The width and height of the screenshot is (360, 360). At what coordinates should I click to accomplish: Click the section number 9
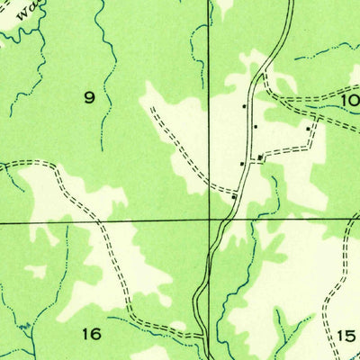click(89, 98)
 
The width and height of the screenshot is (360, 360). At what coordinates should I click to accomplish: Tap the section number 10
click(351, 100)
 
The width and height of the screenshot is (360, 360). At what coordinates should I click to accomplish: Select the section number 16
click(90, 334)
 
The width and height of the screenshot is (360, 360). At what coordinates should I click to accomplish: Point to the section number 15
click(346, 336)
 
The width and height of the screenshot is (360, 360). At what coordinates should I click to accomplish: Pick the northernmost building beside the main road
click(244, 107)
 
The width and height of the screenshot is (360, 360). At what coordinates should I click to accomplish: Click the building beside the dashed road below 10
click(309, 129)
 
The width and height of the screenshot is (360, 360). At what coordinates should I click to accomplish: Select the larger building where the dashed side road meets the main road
click(261, 158)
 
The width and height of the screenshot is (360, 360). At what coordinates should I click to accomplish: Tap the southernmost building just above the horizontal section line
click(234, 195)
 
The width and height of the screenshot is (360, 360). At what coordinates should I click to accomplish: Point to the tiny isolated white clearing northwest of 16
click(36, 269)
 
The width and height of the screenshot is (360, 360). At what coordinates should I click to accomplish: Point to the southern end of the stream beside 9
click(102, 148)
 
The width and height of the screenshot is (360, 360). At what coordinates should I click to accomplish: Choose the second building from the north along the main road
click(256, 127)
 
